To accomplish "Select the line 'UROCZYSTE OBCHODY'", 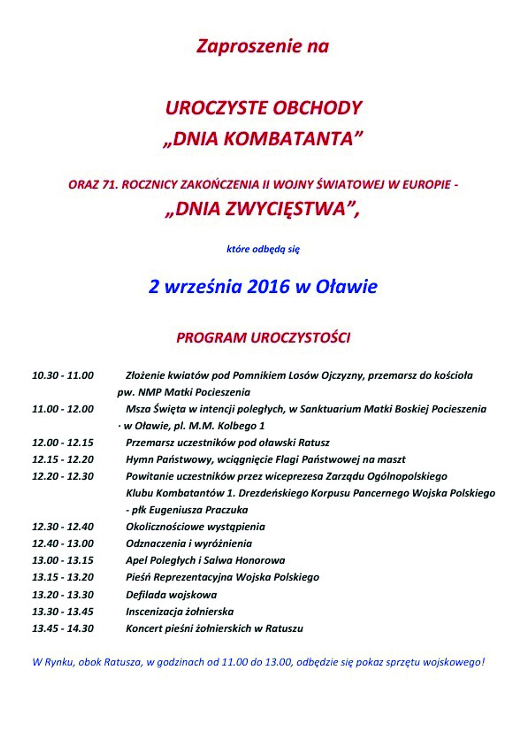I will pos(263,108).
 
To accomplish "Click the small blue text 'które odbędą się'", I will pos(263,249).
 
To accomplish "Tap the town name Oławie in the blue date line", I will pos(347,287).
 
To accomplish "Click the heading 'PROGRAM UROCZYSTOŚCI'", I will pos(263,338).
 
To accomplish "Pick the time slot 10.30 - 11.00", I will pos(63,375).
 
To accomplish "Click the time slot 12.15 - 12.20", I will pos(63,459).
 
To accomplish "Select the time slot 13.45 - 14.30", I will pos(63,628).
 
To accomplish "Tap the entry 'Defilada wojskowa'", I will pos(171,595).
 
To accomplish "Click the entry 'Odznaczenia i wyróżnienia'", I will pos(189,543).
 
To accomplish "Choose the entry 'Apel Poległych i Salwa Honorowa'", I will pos(205,560).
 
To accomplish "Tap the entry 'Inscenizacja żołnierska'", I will pos(179,611).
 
